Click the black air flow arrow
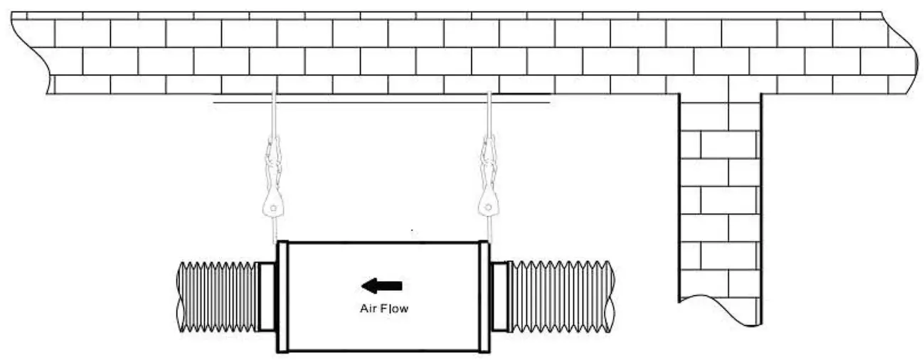click(x=381, y=286)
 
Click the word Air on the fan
click(x=366, y=309)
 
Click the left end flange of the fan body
click(x=282, y=297)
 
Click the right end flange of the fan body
click(x=484, y=297)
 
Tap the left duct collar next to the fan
click(x=266, y=297)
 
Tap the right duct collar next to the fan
click(x=500, y=297)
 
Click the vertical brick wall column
click(x=719, y=199)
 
